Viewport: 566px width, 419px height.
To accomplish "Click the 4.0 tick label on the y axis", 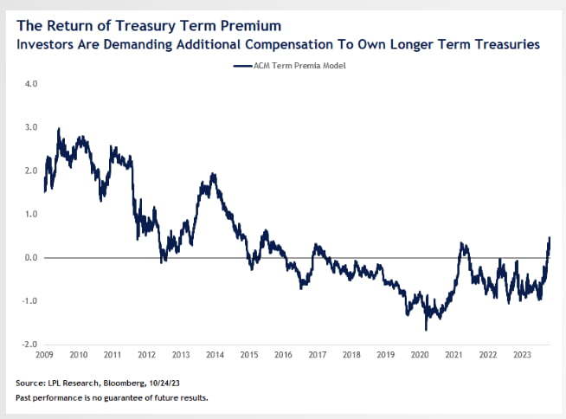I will click(x=31, y=84).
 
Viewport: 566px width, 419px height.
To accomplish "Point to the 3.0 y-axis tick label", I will click(x=31, y=127).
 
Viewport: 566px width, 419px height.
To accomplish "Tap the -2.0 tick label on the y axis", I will click(x=29, y=345).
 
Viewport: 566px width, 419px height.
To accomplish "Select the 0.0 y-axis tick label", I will click(x=31, y=257).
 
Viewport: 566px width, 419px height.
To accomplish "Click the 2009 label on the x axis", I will click(x=44, y=355).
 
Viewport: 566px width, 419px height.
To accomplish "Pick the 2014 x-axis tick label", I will click(x=215, y=355).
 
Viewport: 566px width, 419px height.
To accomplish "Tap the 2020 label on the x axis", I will click(x=419, y=355).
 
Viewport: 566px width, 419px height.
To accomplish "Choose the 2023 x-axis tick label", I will click(x=521, y=355).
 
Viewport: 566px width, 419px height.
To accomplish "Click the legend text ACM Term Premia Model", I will click(x=293, y=66).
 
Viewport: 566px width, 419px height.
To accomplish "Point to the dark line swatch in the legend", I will click(x=241, y=66).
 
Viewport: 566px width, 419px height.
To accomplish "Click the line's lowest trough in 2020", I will click(x=426, y=330).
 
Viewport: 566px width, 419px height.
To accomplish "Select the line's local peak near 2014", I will click(x=213, y=174).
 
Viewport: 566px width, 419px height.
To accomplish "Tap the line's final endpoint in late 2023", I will click(x=550, y=237).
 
